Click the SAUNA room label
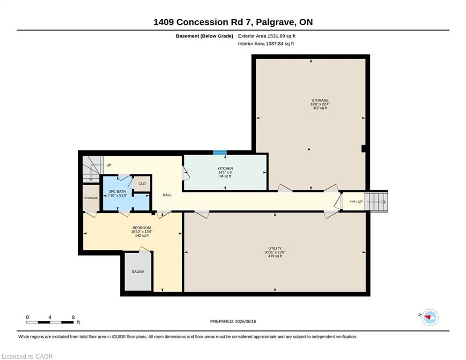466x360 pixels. click(138, 271)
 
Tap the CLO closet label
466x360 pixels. click(142, 184)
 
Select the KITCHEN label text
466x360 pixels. click(225, 168)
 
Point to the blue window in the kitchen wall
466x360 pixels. click(220, 153)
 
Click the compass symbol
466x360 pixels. click(430, 317)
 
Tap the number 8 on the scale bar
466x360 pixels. click(73, 317)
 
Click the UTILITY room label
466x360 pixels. click(275, 248)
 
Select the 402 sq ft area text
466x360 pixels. click(320, 108)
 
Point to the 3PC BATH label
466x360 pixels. click(117, 192)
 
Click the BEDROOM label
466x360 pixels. click(142, 228)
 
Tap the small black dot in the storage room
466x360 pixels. click(309, 150)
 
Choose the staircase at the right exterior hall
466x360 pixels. click(377, 202)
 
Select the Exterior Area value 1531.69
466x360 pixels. click(276, 36)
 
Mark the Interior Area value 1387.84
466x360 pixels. click(274, 44)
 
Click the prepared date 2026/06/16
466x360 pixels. click(245, 321)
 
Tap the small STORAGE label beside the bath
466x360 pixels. click(91, 198)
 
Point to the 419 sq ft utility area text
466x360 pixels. click(275, 256)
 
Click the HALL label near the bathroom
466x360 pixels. click(167, 195)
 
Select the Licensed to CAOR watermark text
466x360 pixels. click(27, 356)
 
